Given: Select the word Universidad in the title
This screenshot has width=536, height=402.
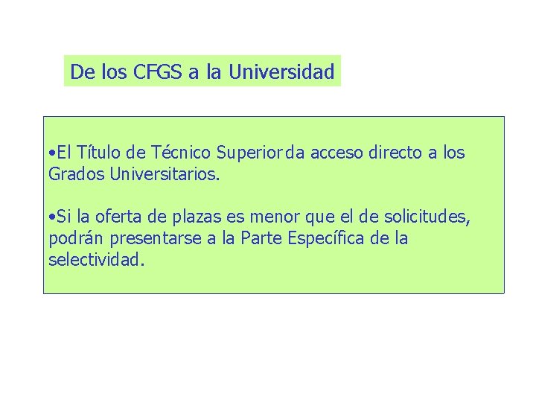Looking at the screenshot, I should [x=281, y=72].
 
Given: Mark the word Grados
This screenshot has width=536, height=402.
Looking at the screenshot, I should [x=76, y=176].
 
